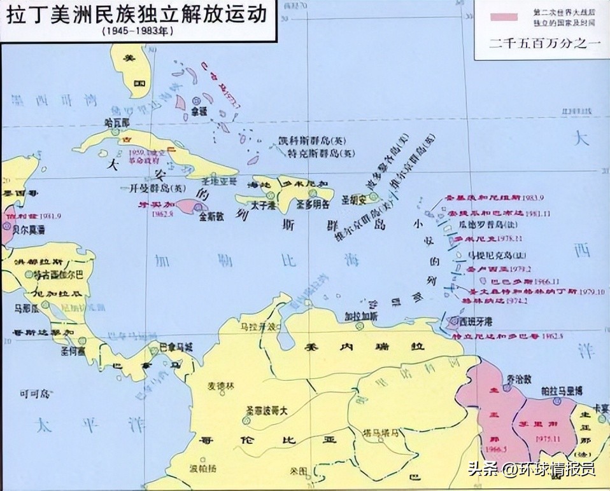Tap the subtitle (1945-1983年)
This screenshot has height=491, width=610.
(x=135, y=31)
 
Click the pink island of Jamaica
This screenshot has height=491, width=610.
(x=190, y=206)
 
